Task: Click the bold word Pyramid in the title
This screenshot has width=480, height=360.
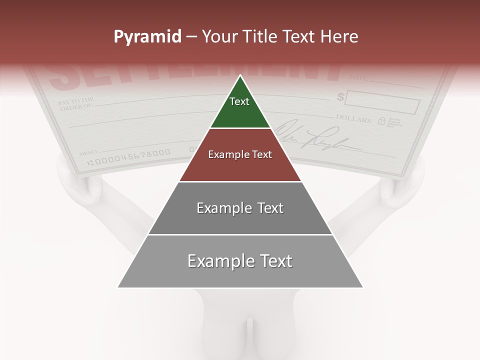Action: pyautogui.click(x=147, y=37)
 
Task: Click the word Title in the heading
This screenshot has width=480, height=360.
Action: pyautogui.click(x=260, y=37)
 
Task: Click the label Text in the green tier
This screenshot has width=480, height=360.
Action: pyautogui.click(x=239, y=101)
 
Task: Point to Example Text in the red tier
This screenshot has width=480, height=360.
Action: pyautogui.click(x=240, y=154)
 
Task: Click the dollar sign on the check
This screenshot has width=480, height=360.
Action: pyautogui.click(x=340, y=97)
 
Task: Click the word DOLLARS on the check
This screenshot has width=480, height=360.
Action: pyautogui.click(x=353, y=119)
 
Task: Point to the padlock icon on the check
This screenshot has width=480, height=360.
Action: pyautogui.click(x=381, y=120)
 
